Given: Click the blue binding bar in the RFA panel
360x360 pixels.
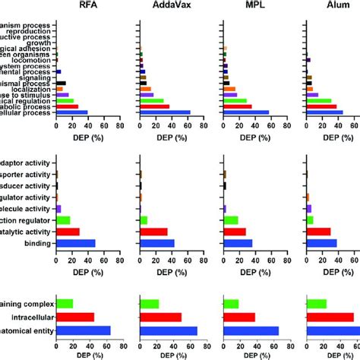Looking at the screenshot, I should coord(75,243).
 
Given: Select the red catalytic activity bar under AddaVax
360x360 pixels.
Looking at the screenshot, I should coord(154,232).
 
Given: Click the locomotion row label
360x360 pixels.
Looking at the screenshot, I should coord(34,58).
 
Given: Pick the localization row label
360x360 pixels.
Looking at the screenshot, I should coord(33,89).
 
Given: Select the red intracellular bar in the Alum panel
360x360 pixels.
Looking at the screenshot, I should coord(331,317).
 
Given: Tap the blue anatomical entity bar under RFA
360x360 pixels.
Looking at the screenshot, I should coord(84,330).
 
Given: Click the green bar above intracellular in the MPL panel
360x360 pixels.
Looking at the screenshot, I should coord(231,304).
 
